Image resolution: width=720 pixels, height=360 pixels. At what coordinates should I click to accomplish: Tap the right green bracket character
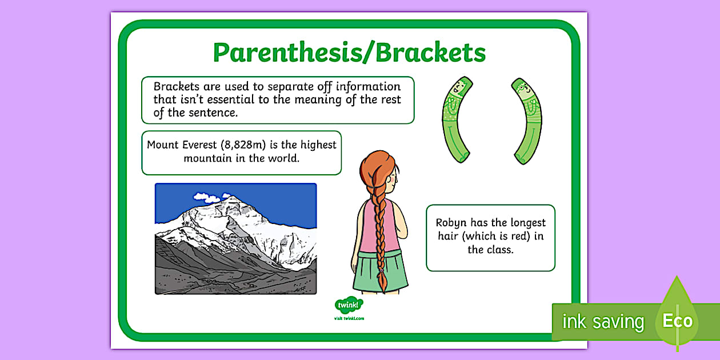[526, 119]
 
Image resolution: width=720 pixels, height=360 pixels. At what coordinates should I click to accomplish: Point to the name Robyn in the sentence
[452, 223]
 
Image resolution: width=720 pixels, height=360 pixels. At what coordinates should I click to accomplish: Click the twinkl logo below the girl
[349, 306]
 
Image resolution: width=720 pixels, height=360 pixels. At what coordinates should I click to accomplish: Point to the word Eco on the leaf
[677, 321]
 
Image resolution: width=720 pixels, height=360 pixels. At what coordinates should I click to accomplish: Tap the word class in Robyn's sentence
[500, 250]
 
